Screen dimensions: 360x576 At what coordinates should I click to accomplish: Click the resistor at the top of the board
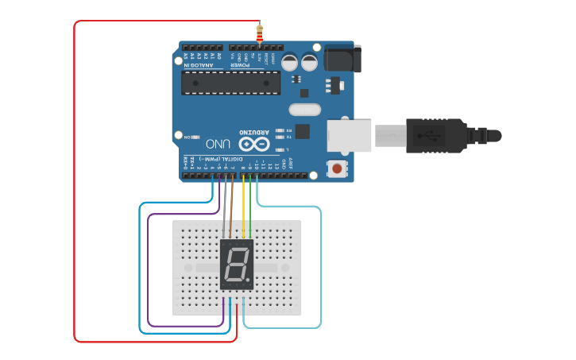point(260,33)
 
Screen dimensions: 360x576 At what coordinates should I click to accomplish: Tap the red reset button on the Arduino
point(338,168)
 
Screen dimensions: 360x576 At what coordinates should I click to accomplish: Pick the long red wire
point(75,183)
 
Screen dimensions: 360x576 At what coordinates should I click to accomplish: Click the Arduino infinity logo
point(253,144)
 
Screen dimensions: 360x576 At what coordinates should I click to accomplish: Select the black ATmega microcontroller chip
point(230,83)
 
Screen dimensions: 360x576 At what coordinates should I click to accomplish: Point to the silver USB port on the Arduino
point(350,136)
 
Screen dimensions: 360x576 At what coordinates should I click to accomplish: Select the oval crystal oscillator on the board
point(304,110)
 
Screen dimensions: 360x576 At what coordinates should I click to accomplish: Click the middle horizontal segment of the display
point(236,265)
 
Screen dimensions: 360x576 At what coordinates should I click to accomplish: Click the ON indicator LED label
point(187,137)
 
